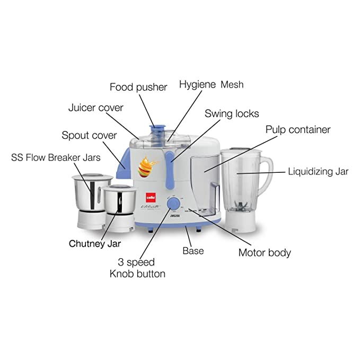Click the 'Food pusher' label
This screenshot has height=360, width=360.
[x=138, y=87]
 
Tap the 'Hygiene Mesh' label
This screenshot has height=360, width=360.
[x=211, y=84]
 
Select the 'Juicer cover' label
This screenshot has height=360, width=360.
[x=95, y=108]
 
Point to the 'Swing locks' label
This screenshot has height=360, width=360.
[x=232, y=113]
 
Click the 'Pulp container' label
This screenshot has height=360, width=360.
[x=297, y=129]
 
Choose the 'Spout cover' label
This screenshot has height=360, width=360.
[x=89, y=135]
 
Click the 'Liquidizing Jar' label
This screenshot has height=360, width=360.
[x=318, y=171]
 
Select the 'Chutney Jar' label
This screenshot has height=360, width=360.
[x=95, y=244]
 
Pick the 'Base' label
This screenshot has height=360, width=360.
[x=192, y=251]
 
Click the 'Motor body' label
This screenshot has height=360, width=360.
[x=265, y=252]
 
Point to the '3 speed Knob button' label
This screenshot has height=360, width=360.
[x=137, y=268]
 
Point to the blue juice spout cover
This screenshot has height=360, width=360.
[x=122, y=159]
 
